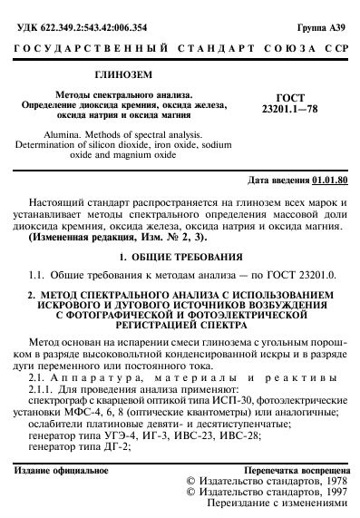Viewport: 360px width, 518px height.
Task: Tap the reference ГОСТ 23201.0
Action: point(302,273)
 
